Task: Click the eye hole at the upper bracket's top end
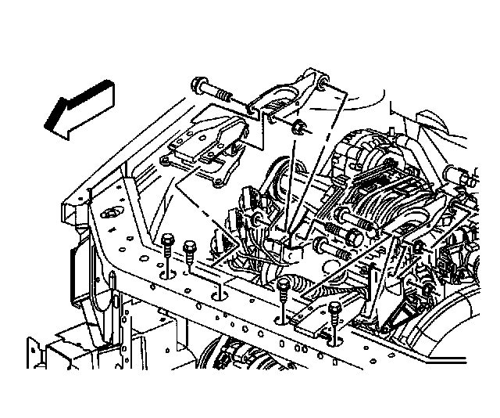(x=321, y=77)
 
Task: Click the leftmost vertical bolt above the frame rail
(x=168, y=243)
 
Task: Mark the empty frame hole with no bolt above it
(x=220, y=296)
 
